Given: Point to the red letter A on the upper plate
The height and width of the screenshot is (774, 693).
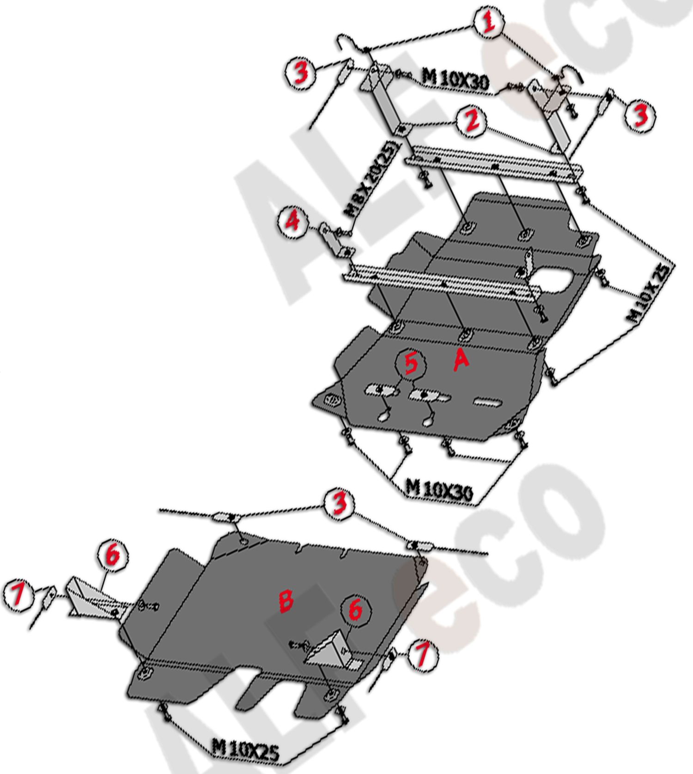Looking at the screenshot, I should tap(461, 360).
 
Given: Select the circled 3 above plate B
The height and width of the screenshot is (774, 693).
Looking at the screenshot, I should tap(340, 504).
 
